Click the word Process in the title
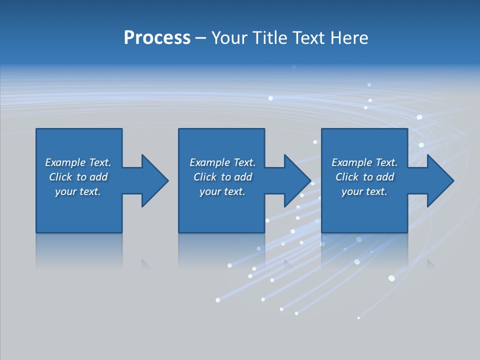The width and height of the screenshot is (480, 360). pyautogui.click(x=157, y=38)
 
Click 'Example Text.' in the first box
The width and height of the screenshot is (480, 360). pyautogui.click(x=78, y=162)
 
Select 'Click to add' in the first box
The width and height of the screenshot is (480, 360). pyautogui.click(x=78, y=177)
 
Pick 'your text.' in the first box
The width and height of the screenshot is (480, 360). pyautogui.click(x=78, y=191)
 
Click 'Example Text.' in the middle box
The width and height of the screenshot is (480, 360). pyautogui.click(x=222, y=162)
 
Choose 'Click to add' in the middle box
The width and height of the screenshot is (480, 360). pyautogui.click(x=222, y=177)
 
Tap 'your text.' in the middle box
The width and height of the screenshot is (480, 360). pyautogui.click(x=222, y=191)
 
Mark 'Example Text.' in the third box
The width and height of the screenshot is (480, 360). pyautogui.click(x=364, y=162)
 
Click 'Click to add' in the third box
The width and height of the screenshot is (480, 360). pyautogui.click(x=364, y=177)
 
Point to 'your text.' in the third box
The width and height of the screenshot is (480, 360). pyautogui.click(x=364, y=191)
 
